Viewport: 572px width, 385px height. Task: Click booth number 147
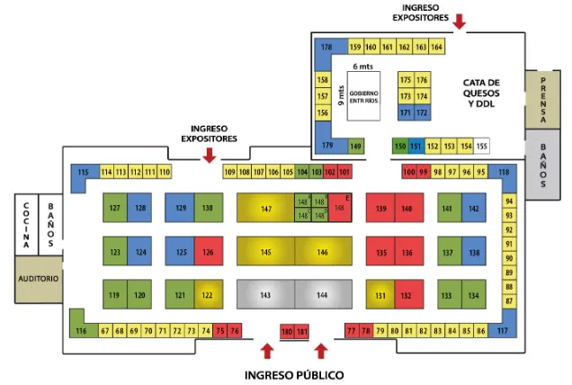click(x=265, y=209)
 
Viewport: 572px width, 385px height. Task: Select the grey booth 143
click(x=265, y=294)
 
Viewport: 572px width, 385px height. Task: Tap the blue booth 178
click(x=326, y=47)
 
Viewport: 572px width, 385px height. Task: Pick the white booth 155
click(x=482, y=146)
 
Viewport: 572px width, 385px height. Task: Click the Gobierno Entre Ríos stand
click(x=363, y=97)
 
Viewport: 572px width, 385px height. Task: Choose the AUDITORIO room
click(x=39, y=279)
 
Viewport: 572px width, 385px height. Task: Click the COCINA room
click(x=26, y=225)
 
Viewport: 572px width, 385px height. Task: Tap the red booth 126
click(x=208, y=252)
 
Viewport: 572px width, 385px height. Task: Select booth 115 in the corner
click(x=84, y=173)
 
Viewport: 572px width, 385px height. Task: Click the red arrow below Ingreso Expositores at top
click(x=460, y=22)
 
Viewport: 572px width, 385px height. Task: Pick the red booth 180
click(x=287, y=332)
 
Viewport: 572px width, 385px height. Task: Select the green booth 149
click(x=356, y=146)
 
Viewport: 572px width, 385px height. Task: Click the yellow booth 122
click(x=208, y=295)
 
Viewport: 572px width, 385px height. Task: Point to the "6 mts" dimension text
click(x=362, y=66)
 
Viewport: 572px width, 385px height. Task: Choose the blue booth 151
click(x=415, y=146)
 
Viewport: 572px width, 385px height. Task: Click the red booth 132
click(x=407, y=295)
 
